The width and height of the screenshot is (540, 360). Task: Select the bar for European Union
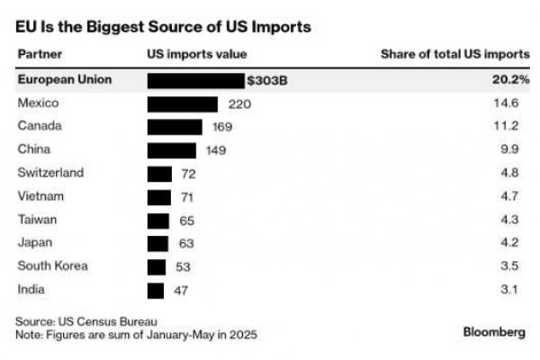point(195,80)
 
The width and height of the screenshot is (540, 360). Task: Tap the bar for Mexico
point(182,103)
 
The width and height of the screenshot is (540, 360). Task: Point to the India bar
point(155,290)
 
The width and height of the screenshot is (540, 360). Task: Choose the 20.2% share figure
point(510,80)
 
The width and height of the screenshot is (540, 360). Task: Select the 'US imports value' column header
point(196,53)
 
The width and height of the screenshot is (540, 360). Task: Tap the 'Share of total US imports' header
point(454,53)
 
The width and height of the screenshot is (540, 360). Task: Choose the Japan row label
point(34,243)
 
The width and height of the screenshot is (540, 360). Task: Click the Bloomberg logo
point(494,331)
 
